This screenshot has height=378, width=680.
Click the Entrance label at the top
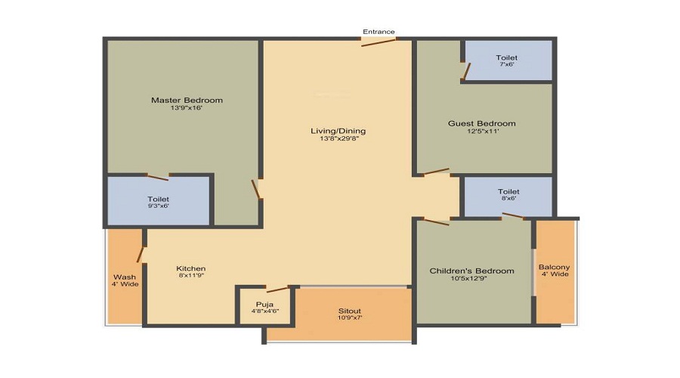click(379, 32)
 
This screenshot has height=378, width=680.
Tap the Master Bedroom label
click(187, 101)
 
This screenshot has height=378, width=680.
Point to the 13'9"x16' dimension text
click(187, 109)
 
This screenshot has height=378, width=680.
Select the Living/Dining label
click(338, 131)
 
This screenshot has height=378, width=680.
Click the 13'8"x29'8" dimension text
click(338, 139)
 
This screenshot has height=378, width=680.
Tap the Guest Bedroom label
click(481, 124)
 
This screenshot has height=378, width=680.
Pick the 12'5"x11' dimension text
click(481, 132)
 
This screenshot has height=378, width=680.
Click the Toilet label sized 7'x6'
click(506, 58)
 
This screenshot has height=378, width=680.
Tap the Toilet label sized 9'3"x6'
click(159, 200)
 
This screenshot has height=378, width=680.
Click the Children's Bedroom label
click(471, 271)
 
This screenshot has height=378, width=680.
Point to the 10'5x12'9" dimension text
click(471, 280)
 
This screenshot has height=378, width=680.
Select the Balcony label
click(554, 268)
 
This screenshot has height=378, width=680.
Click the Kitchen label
click(190, 268)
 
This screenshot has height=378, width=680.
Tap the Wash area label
click(125, 277)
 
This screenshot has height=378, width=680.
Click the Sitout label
click(349, 311)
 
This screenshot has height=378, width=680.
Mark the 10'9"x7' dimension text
click(349, 319)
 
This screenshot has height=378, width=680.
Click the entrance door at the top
click(378, 41)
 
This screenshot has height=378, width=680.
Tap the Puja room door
click(277, 289)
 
